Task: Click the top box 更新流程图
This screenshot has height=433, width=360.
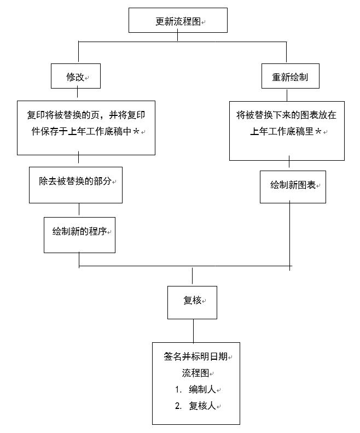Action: tap(177, 21)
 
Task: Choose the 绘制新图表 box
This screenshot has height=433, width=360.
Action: tap(293, 186)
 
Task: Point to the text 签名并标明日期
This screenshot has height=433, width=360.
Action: tap(195, 356)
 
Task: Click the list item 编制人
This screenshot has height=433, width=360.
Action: tap(202, 389)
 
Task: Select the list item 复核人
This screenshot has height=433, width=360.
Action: tap(202, 406)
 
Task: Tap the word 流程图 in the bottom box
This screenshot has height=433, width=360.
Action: tap(195, 373)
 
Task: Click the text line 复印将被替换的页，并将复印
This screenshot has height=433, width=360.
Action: tap(86, 115)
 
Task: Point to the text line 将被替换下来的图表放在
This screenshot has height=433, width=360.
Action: tap(286, 115)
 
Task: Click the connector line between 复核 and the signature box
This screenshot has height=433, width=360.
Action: tap(193, 330)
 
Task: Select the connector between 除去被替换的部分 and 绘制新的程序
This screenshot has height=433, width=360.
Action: tap(79, 209)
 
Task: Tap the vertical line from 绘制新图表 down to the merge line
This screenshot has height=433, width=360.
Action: tap(289, 235)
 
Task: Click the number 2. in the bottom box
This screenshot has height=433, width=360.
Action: tap(178, 406)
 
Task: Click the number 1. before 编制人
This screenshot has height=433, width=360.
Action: tap(178, 389)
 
